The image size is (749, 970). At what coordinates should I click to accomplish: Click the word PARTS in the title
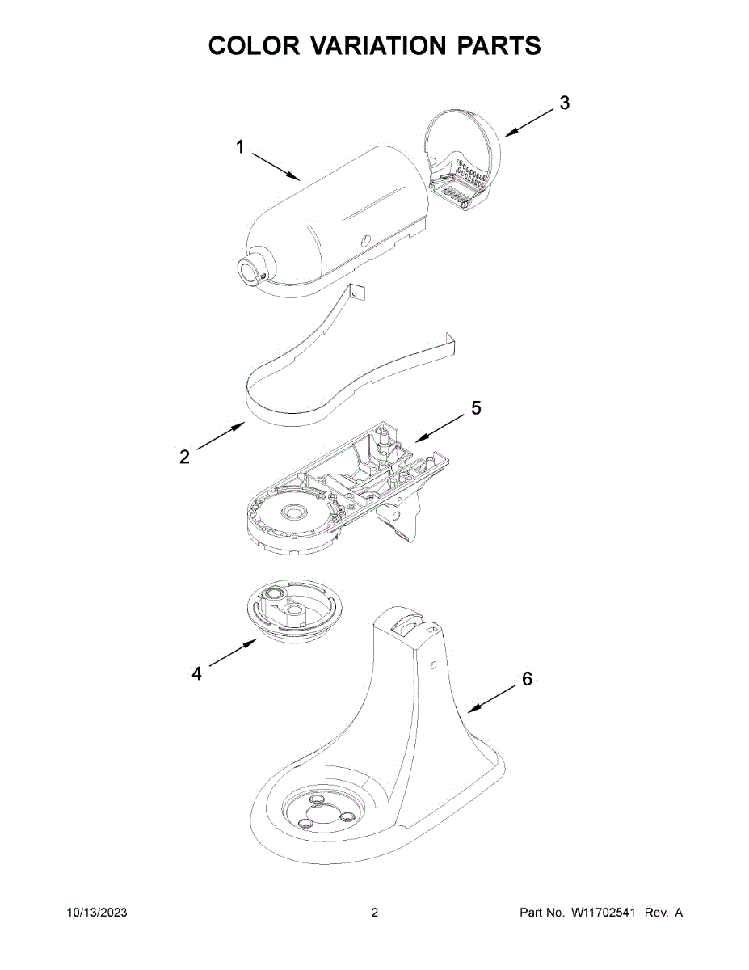pos(499,46)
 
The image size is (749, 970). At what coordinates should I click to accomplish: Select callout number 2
pos(185,458)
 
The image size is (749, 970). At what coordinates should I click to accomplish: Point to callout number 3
pos(564,103)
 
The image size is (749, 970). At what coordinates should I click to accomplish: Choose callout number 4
pos(196,673)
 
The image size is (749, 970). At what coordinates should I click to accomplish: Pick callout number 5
pos(476,409)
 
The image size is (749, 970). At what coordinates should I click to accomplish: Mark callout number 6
pos(527,679)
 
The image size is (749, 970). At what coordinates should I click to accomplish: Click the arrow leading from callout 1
pos(275,165)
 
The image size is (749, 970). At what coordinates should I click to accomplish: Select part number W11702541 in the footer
pos(605,913)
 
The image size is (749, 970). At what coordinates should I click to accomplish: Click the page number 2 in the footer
pos(374,913)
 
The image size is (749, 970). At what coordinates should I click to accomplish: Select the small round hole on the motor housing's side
pos(364,240)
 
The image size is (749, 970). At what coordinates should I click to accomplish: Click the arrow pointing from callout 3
pos(528,121)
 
